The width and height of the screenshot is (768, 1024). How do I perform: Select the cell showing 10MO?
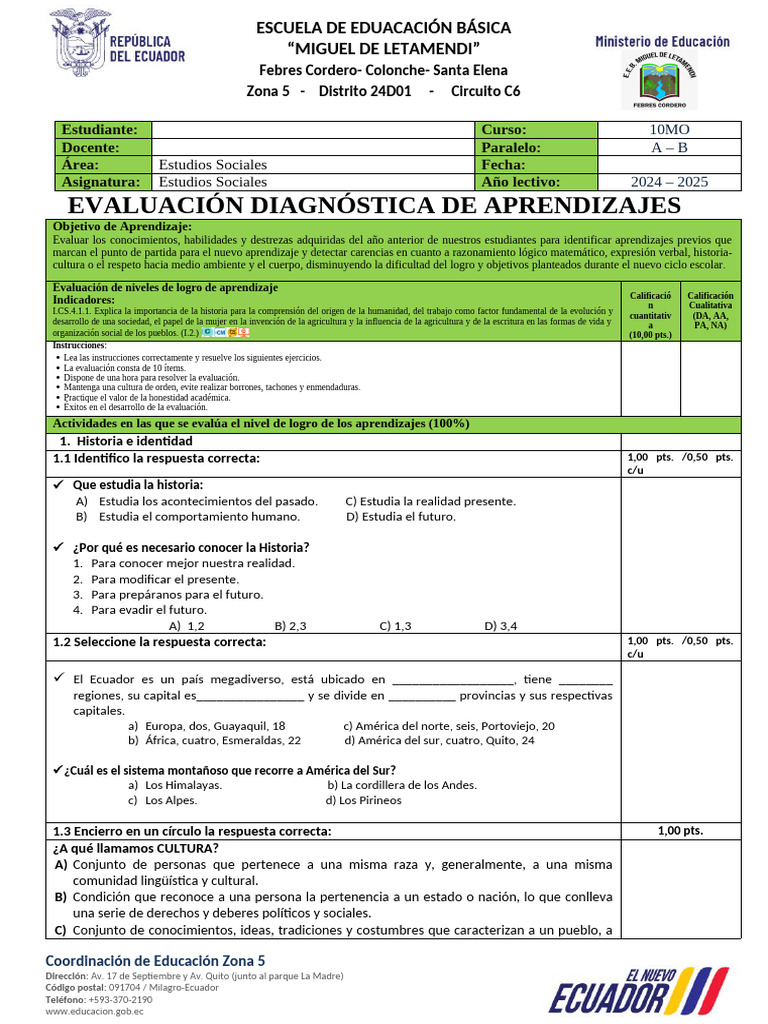669,129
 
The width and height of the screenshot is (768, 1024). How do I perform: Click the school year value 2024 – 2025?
669,182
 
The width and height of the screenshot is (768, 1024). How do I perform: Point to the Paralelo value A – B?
669,147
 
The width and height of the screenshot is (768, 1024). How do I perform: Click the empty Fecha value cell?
669,165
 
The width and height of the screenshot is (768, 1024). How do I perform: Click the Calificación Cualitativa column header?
710,309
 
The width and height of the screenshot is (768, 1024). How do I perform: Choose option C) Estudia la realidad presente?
430,501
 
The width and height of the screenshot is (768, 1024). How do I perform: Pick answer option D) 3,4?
500,626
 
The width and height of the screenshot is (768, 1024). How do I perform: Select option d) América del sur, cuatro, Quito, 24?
439,741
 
